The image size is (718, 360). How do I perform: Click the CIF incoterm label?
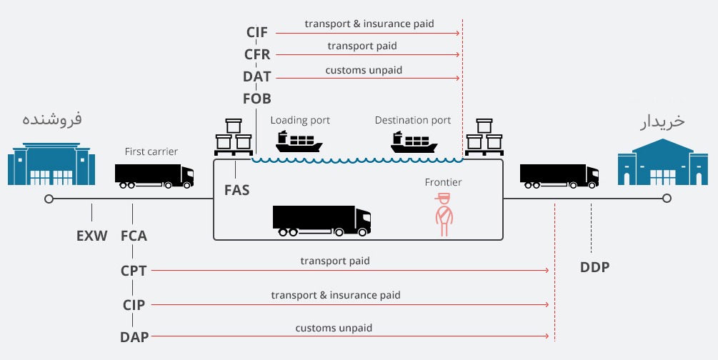(257, 32)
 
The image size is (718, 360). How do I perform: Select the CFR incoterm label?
(257, 54)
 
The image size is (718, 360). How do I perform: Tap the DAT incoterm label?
(257, 76)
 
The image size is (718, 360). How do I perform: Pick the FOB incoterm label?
(257, 99)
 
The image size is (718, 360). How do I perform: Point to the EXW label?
(91, 235)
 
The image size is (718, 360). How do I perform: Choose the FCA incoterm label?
(134, 235)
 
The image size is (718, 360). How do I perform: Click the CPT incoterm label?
(134, 271)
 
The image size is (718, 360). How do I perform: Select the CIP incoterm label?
(134, 305)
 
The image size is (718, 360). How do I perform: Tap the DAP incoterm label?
(134, 336)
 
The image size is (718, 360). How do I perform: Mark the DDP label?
(595, 267)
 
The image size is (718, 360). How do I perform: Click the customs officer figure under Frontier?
(444, 215)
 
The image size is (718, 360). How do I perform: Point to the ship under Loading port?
(299, 141)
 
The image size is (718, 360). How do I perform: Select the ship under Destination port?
(414, 141)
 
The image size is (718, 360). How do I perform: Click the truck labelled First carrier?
(154, 176)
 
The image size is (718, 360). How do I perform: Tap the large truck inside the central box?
(321, 221)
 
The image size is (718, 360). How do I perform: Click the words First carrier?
(151, 151)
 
